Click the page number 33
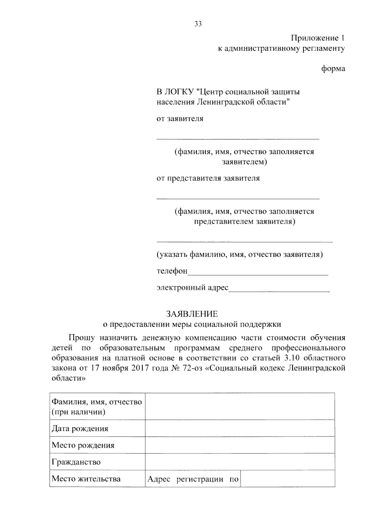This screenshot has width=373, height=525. (x=198, y=24)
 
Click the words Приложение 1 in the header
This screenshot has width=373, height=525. (x=318, y=38)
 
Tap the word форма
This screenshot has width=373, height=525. (x=333, y=68)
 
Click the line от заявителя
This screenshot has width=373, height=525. (x=180, y=119)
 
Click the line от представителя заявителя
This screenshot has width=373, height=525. (x=208, y=178)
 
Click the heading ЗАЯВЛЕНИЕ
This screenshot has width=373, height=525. (x=192, y=313)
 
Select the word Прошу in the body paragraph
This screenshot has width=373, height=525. (x=81, y=338)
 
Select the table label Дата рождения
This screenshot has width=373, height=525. (x=80, y=429)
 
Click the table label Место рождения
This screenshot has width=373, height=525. (x=83, y=445)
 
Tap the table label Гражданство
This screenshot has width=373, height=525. (x=76, y=462)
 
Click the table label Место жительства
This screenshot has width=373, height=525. (x=86, y=479)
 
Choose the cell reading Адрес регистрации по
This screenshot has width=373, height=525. (x=193, y=479)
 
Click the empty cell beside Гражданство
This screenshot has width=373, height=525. (x=240, y=462)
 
